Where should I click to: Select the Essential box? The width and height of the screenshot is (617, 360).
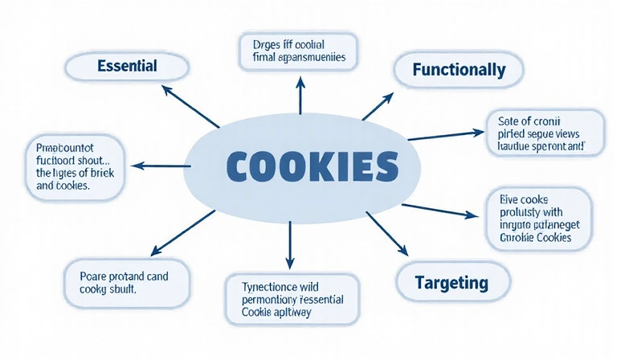coord(126,66)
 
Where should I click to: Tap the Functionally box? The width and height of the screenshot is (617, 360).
coord(459,70)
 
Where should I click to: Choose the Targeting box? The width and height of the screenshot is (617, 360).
coord(452,282)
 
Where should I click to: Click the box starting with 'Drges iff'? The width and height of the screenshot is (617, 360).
coord(299,51)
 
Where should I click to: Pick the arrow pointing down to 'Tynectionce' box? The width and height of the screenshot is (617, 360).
coord(289,244)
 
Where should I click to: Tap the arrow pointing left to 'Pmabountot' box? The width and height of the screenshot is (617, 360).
coord(157,165)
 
